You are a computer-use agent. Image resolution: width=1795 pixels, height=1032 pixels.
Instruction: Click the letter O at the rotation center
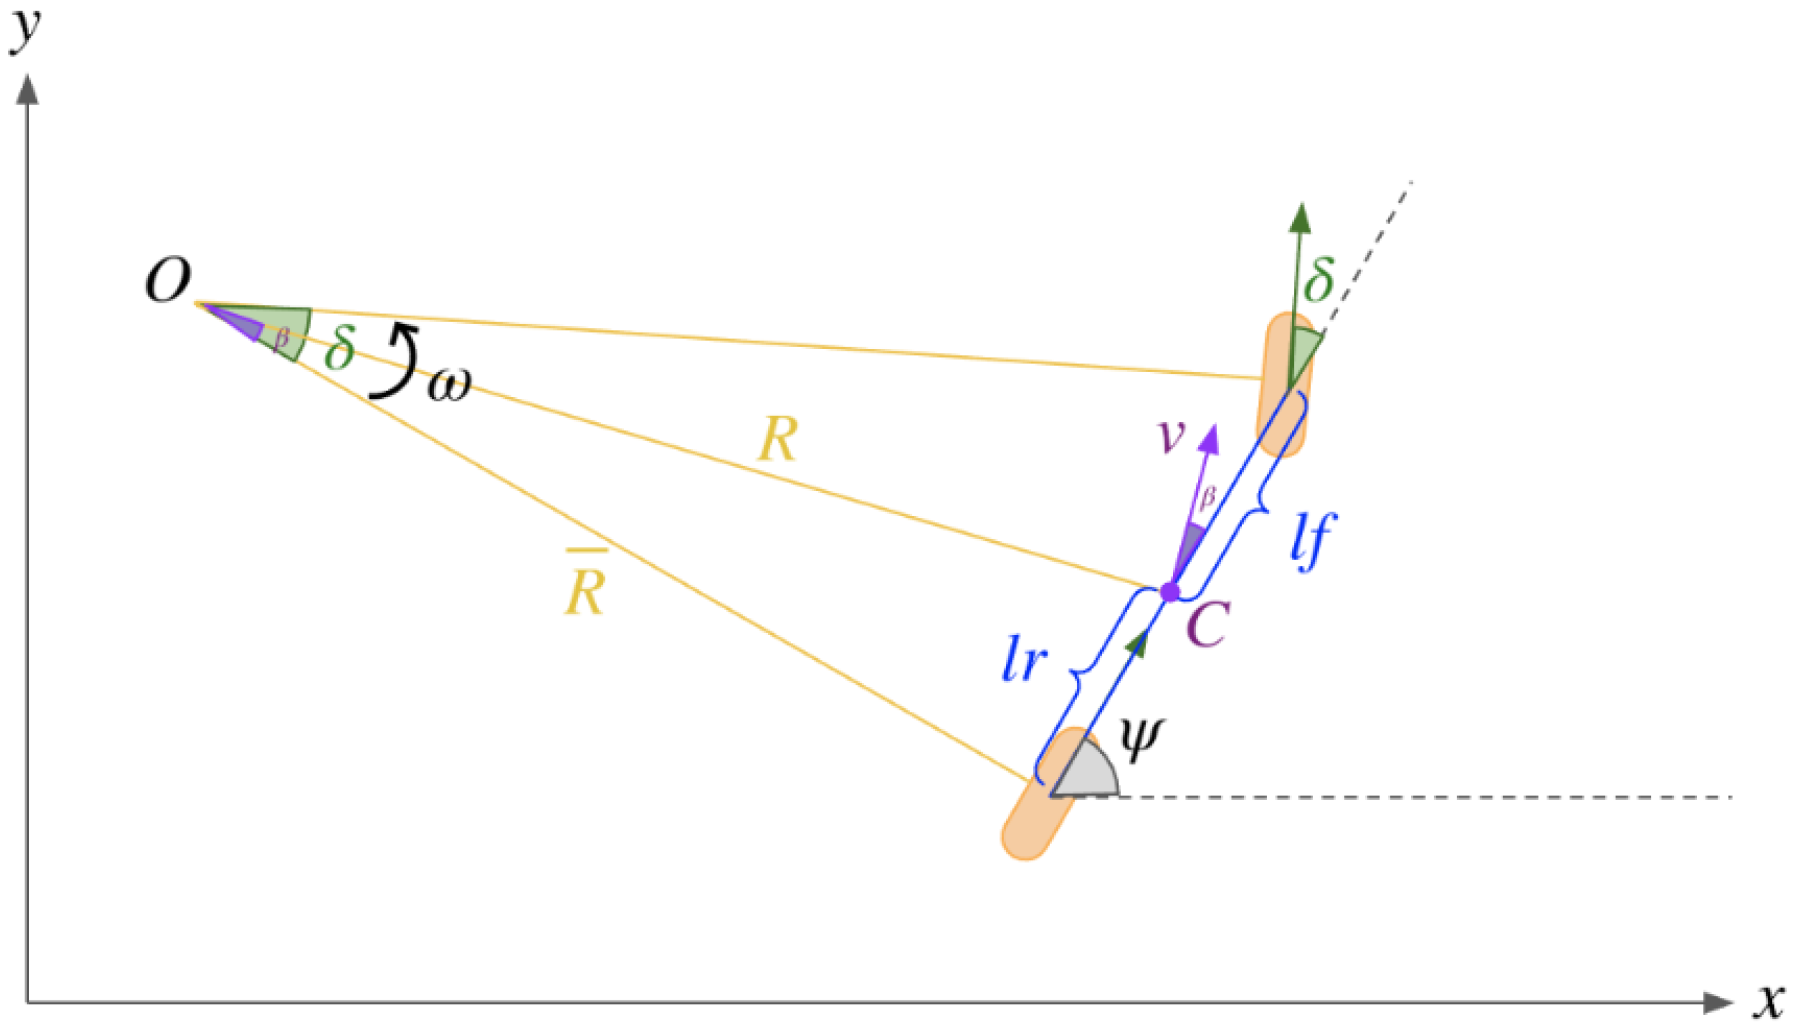tap(168, 281)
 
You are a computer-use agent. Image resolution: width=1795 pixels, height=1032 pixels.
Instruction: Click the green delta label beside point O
tap(339, 346)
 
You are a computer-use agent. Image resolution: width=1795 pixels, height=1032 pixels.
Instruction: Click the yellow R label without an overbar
tap(778, 440)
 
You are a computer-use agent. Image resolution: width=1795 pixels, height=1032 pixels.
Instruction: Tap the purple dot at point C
tap(1170, 592)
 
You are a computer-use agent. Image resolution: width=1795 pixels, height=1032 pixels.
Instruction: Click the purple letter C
tap(1208, 624)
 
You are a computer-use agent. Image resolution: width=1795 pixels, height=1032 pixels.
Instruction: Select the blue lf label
tap(1313, 542)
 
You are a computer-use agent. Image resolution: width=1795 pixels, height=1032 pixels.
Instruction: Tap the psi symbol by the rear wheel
tap(1141, 740)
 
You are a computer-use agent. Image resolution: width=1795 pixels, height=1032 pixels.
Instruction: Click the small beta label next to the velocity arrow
tap(1207, 497)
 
